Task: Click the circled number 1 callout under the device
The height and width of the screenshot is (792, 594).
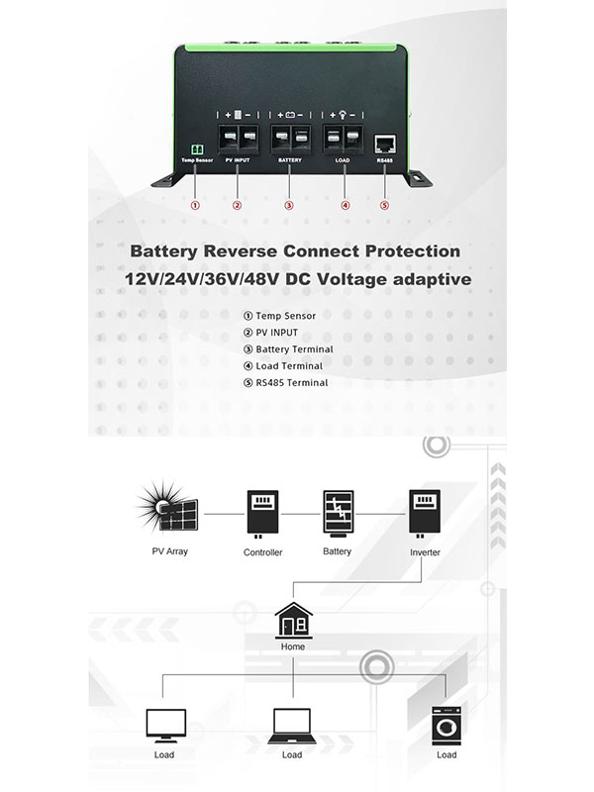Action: pos(195,206)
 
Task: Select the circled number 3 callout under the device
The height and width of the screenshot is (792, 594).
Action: pos(289,206)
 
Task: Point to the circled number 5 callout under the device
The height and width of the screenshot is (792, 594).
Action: pos(384,206)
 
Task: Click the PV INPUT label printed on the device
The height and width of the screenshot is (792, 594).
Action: pos(238,159)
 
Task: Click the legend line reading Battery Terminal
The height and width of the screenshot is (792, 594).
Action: pos(294,348)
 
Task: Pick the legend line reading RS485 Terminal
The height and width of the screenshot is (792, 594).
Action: pos(291,382)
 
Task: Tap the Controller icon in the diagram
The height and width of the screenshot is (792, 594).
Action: pos(262,514)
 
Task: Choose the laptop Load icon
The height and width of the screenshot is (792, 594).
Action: pos(291,726)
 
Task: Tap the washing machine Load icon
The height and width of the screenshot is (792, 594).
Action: pos(445,725)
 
